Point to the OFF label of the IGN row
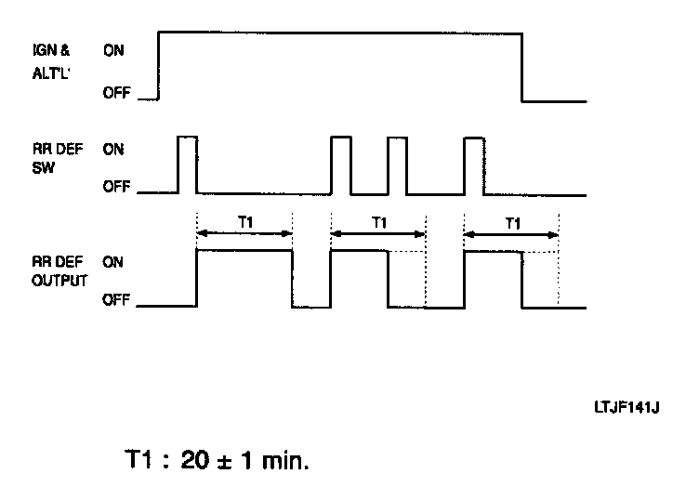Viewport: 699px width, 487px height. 115,93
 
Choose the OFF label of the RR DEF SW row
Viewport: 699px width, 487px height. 115,187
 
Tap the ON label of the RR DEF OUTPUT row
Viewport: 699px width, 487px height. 112,263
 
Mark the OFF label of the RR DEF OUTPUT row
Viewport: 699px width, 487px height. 115,300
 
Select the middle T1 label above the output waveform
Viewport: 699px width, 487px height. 378,223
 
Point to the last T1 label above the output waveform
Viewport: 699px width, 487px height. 511,223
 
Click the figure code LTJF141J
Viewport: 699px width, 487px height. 628,406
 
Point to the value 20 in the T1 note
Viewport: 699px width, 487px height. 196,459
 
